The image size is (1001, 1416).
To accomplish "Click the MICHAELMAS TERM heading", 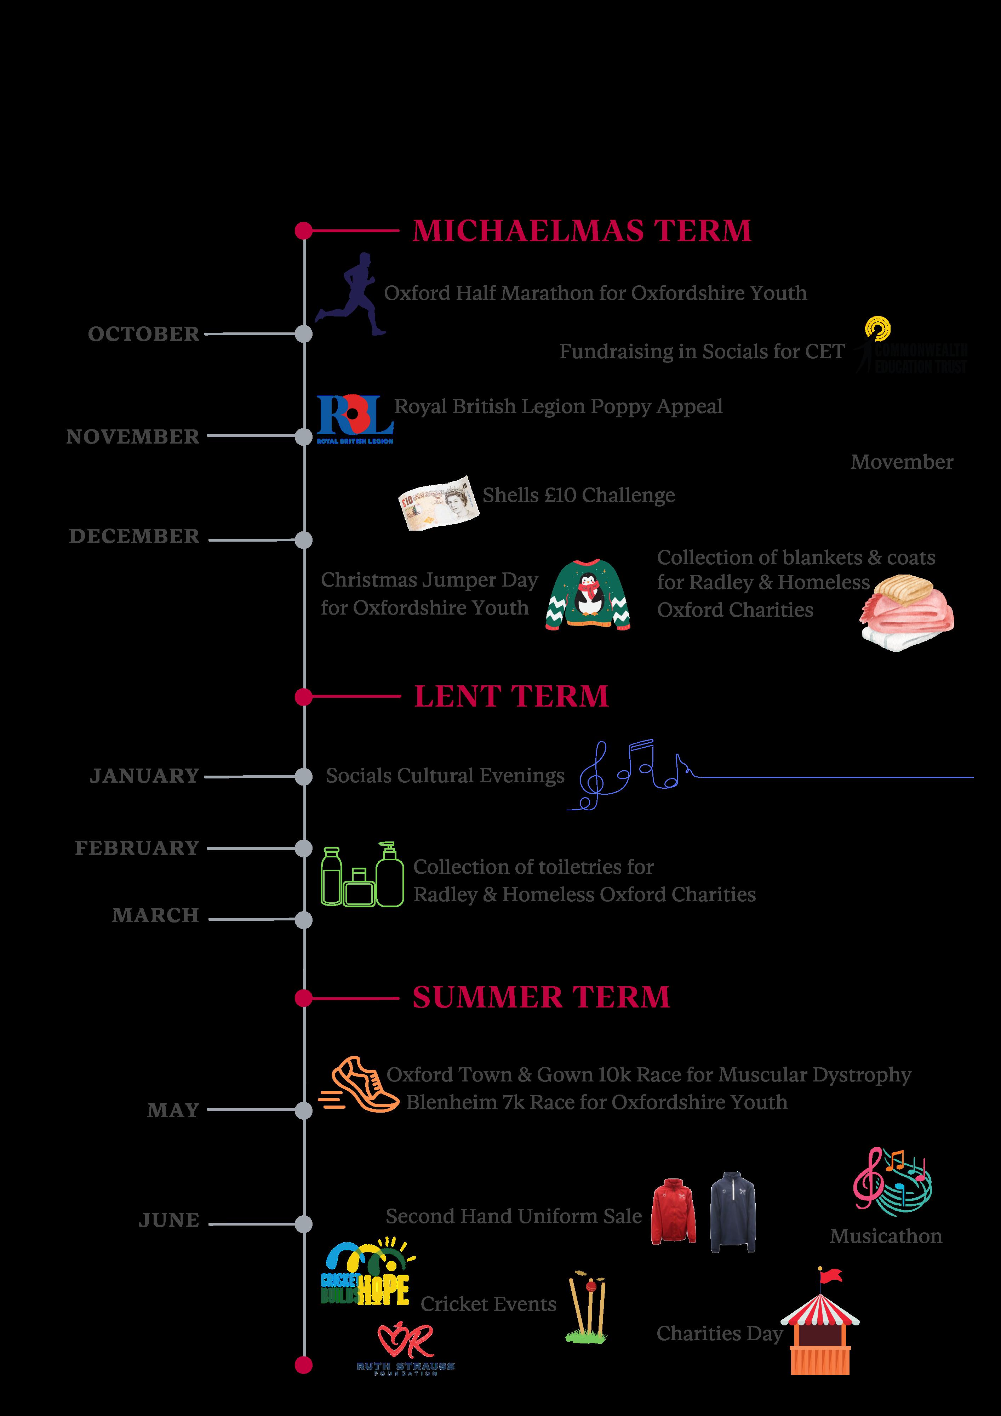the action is point(582,231).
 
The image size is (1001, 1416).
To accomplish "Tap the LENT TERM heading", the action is point(511,696).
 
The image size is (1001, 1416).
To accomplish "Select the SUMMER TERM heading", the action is point(541,997).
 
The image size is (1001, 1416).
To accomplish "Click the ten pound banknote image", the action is point(439,503).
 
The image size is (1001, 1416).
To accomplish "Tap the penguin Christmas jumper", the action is point(588,594).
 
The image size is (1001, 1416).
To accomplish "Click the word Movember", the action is point(902,462).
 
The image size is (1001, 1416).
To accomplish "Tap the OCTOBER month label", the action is point(144,334).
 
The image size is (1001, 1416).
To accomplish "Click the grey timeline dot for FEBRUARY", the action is point(303,849).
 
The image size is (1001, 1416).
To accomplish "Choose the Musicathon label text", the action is point(886,1236).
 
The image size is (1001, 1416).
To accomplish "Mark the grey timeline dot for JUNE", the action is point(303,1224).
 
